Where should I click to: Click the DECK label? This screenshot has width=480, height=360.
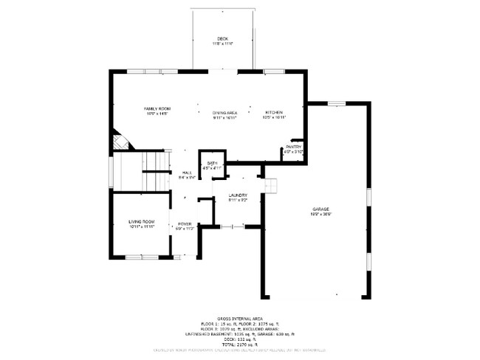tap(222, 39)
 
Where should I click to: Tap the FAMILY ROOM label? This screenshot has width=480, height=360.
tap(157, 108)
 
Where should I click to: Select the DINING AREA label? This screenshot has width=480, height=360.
tap(224, 112)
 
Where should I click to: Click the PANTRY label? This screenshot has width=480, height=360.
tap(295, 147)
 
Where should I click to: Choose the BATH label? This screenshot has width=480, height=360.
tap(212, 163)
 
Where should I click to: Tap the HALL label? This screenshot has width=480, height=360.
tap(186, 172)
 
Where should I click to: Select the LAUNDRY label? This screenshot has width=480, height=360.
tap(237, 195)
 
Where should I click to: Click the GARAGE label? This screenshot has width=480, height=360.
tap(320, 210)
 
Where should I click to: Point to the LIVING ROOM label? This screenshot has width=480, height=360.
tap(141, 221)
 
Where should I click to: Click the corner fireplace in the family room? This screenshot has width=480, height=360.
tap(118, 140)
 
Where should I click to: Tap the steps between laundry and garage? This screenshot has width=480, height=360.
tap(271, 185)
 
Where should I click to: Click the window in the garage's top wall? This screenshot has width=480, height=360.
tap(337, 103)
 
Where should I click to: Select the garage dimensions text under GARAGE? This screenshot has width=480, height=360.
tap(320, 214)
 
